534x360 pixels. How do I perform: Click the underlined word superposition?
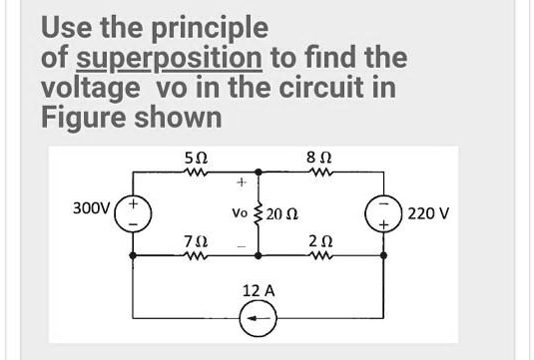[x=169, y=57]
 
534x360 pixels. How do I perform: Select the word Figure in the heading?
[x=87, y=117]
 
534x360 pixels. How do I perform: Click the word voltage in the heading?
[x=90, y=88]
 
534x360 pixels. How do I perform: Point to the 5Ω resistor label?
[x=197, y=157]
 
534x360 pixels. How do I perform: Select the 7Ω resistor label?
[x=197, y=241]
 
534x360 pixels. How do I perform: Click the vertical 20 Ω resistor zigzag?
[x=261, y=212]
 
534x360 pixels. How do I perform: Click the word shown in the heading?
[x=179, y=117]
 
